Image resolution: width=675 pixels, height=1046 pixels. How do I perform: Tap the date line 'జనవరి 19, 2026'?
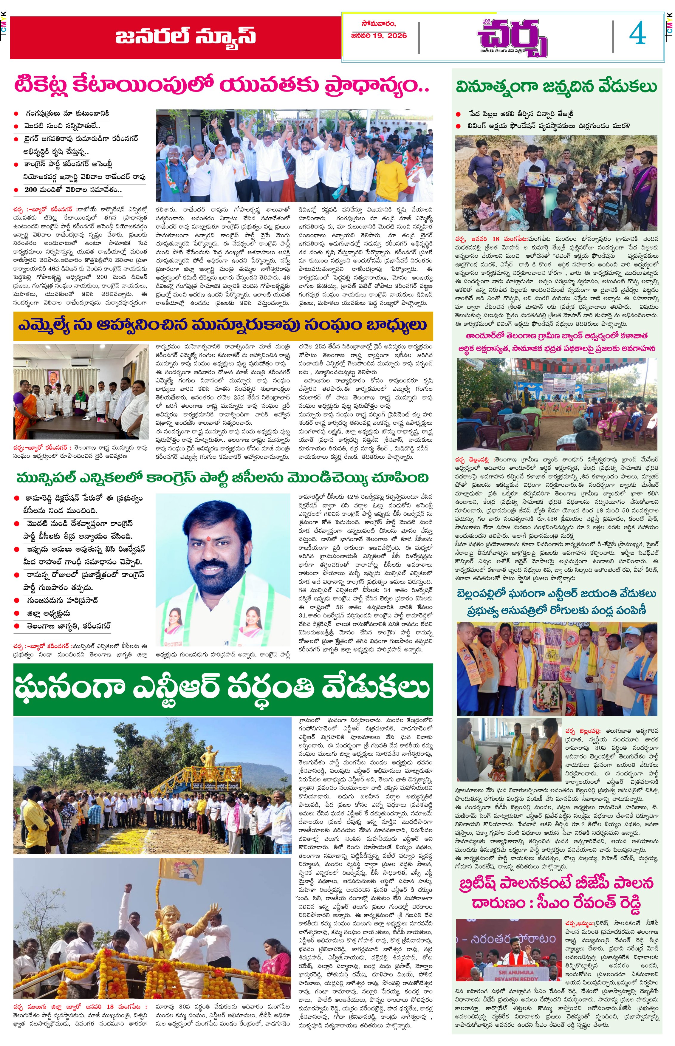379,35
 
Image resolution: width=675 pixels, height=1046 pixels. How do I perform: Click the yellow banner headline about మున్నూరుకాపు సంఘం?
223,326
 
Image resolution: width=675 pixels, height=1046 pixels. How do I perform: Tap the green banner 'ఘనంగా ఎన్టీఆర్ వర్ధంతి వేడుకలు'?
223,688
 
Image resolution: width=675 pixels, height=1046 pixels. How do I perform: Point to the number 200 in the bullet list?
31,190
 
